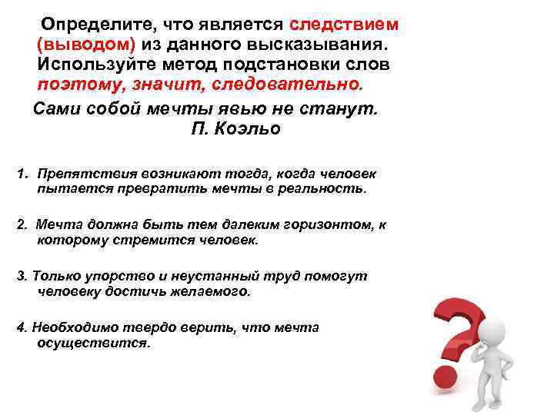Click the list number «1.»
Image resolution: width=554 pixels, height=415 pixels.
(23, 175)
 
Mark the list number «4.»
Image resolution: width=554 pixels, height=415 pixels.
(22, 327)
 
